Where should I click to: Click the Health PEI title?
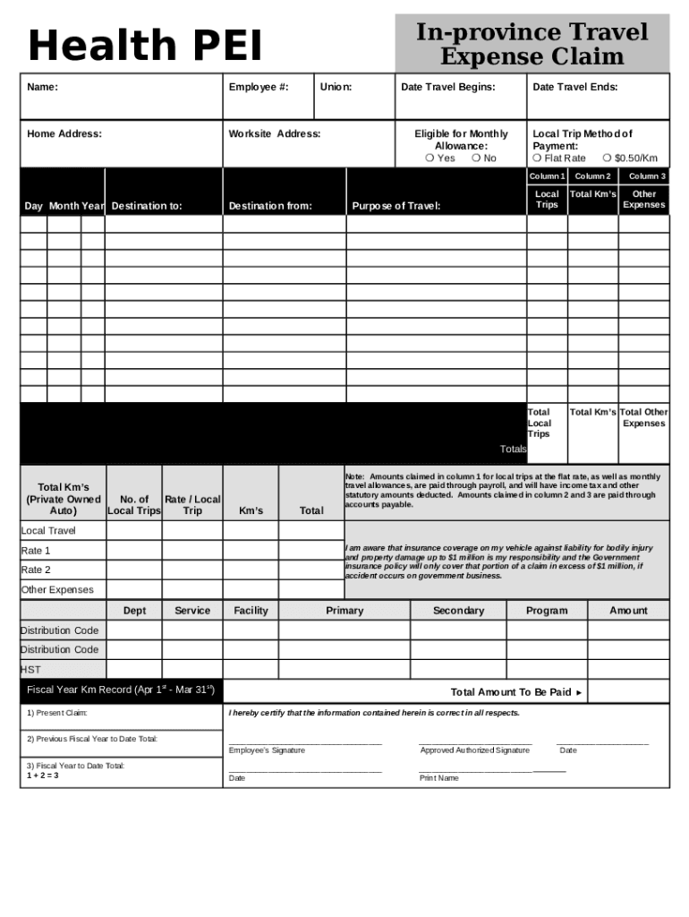coord(146,47)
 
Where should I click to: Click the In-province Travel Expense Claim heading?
coord(532,45)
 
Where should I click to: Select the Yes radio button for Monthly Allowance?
coord(430,159)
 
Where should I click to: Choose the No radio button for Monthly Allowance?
coord(476,159)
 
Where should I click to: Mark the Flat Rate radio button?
coord(537,159)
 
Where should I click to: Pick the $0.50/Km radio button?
coord(607,159)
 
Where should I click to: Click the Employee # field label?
coord(258,87)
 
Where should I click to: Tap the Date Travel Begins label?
coord(447,87)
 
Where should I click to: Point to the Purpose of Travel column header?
coord(396,206)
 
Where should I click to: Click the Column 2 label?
coord(591,176)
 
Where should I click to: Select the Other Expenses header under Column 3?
coord(643,200)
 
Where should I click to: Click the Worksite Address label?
coord(274,134)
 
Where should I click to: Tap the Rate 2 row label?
coord(36,570)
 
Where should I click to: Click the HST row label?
coord(30,669)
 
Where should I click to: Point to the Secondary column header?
coord(458,611)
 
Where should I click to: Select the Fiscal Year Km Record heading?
coord(121,690)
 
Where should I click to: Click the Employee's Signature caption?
coord(267,750)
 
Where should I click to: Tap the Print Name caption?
coord(439,778)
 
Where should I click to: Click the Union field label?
coord(336,87)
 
